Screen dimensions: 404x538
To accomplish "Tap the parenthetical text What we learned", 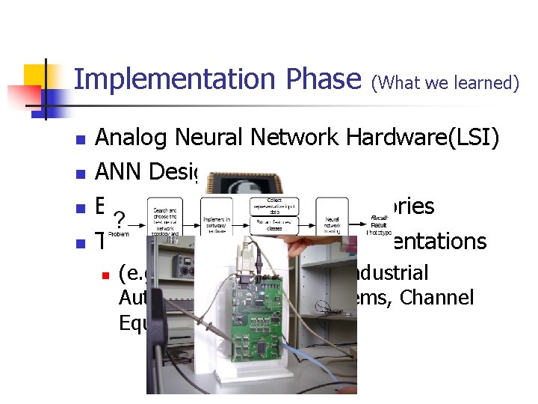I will tap(445, 83).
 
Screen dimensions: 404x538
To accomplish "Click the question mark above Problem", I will tap(117, 220).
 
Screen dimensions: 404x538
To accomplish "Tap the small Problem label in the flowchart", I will tap(119, 233).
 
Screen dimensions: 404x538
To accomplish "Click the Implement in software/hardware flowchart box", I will tap(217, 218).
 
